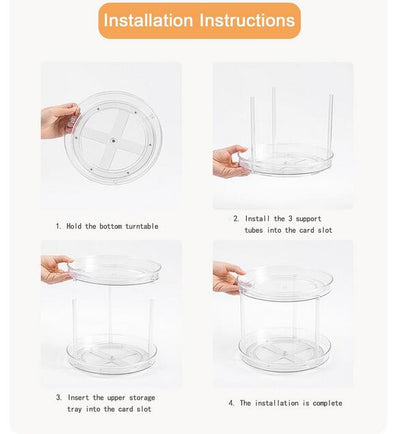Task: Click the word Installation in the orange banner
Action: [x=148, y=20]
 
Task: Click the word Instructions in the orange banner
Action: [x=247, y=20]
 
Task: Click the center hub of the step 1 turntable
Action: [x=114, y=141]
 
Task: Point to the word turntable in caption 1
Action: [x=142, y=226]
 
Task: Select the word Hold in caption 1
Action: [x=74, y=226]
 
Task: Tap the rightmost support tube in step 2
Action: [x=331, y=123]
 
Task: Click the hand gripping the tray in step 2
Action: [x=231, y=161]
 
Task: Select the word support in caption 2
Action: [x=308, y=219]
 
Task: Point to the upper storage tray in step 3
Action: [x=115, y=269]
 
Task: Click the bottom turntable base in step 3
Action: [x=112, y=356]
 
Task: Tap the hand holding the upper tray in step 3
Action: [x=56, y=269]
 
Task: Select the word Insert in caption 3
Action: [x=78, y=397]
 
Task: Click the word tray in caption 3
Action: [x=74, y=409]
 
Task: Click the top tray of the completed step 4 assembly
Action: [x=286, y=283]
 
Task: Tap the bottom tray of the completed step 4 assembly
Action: [x=285, y=351]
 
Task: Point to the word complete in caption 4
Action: [x=327, y=403]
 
